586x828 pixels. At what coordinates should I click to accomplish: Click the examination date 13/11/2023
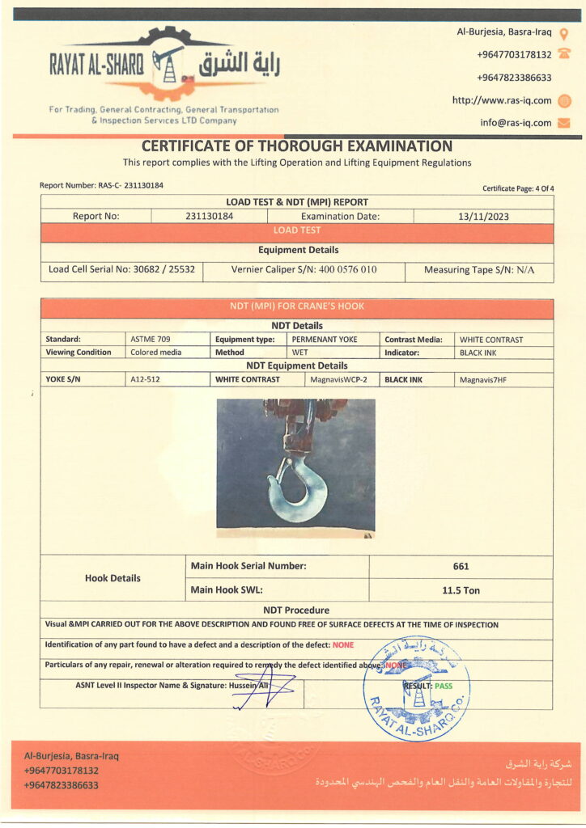pyautogui.click(x=483, y=216)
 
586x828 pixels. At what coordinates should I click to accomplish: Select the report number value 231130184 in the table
pyautogui.click(x=209, y=216)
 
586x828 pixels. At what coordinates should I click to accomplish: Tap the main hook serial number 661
pyautogui.click(x=461, y=567)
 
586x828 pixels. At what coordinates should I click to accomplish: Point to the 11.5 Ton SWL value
pyautogui.click(x=461, y=590)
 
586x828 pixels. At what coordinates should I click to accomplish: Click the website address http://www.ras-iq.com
pyautogui.click(x=502, y=100)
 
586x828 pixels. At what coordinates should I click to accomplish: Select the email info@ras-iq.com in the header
pyautogui.click(x=516, y=123)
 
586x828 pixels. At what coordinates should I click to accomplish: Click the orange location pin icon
pyautogui.click(x=564, y=33)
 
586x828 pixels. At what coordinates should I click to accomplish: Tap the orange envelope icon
pyautogui.click(x=565, y=123)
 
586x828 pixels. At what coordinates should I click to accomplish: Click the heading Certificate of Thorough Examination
pyautogui.click(x=297, y=146)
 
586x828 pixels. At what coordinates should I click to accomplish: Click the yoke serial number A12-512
pyautogui.click(x=146, y=379)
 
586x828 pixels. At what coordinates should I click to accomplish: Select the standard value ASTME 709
pyautogui.click(x=151, y=340)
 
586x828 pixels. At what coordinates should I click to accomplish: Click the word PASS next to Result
pyautogui.click(x=444, y=686)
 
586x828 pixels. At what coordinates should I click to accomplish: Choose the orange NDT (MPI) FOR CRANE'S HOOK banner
pyautogui.click(x=297, y=307)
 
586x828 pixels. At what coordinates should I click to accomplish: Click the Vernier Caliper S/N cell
pyautogui.click(x=304, y=270)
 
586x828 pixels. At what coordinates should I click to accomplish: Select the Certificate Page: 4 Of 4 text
pyautogui.click(x=518, y=188)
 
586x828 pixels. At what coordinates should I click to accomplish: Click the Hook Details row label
pyautogui.click(x=113, y=578)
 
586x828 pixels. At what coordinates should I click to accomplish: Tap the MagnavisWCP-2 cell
pyautogui.click(x=339, y=379)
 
